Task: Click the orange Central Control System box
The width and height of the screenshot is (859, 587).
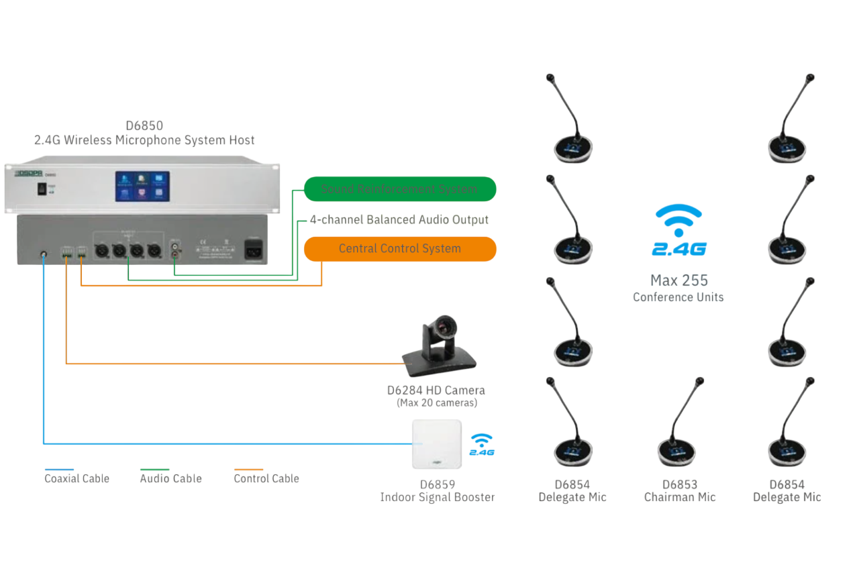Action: tap(400, 249)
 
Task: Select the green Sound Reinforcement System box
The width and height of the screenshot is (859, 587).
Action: tap(400, 189)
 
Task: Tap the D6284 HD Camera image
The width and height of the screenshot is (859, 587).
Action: tap(439, 343)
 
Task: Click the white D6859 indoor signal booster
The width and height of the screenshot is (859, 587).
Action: tap(437, 444)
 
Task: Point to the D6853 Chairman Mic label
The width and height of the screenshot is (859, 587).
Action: tap(680, 490)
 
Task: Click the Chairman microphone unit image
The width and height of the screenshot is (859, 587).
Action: tap(679, 429)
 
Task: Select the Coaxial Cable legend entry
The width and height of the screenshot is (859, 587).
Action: tap(77, 478)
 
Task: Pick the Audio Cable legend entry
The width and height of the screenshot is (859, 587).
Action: tap(170, 478)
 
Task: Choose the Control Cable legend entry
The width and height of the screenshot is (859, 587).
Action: tap(266, 478)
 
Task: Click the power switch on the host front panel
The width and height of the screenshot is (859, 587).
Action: tap(42, 190)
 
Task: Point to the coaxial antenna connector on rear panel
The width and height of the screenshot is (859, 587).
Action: tap(44, 256)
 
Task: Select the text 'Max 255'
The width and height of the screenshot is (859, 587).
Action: tap(679, 280)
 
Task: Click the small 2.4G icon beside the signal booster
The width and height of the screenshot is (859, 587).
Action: tap(482, 445)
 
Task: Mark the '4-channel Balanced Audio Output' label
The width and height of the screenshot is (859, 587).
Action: tap(399, 219)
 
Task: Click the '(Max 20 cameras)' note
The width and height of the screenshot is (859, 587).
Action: tap(436, 403)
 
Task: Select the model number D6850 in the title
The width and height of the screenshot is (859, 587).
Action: tap(144, 125)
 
